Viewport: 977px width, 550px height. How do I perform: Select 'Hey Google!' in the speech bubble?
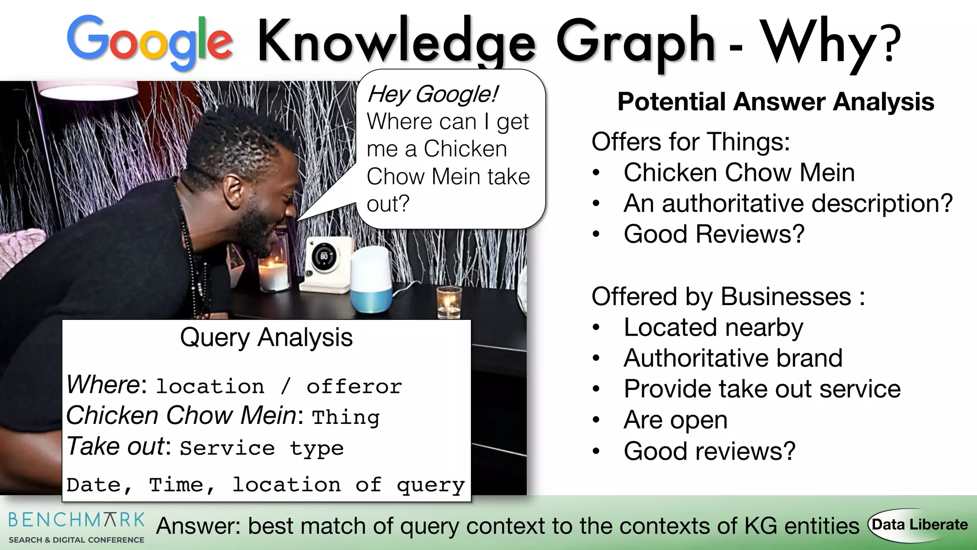click(x=432, y=94)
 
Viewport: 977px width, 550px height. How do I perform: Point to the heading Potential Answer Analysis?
click(x=775, y=102)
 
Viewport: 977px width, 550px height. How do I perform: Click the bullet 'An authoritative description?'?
click(x=788, y=203)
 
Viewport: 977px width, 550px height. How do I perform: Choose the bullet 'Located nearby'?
click(x=713, y=328)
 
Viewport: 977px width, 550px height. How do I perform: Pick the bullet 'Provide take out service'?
click(x=762, y=389)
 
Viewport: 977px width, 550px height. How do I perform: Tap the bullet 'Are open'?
click(x=675, y=420)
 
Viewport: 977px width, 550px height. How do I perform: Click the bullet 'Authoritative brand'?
click(x=733, y=358)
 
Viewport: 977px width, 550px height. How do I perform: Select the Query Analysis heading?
click(x=266, y=338)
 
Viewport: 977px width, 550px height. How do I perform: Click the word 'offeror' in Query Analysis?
click(x=354, y=386)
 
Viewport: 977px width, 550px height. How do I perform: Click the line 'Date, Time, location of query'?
click(x=265, y=485)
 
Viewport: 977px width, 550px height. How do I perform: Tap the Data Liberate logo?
click(x=919, y=525)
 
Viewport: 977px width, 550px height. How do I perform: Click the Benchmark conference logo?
click(x=76, y=527)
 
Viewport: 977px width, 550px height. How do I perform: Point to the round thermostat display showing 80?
click(x=324, y=256)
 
